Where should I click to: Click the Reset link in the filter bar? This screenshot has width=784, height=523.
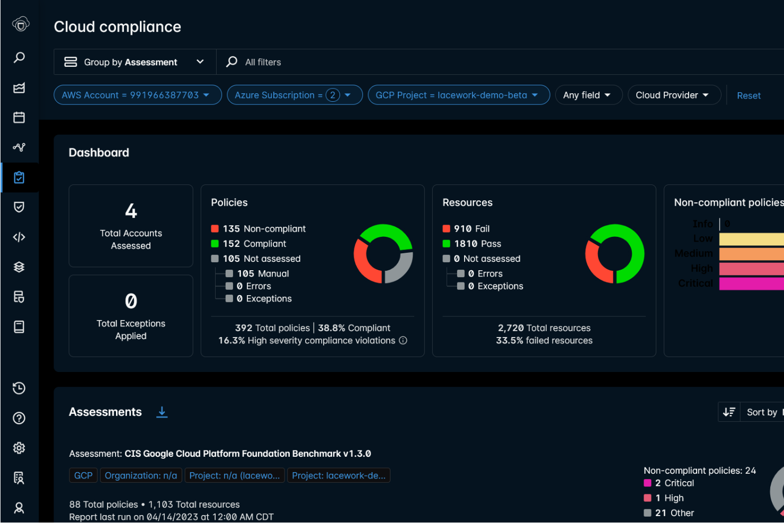point(749,95)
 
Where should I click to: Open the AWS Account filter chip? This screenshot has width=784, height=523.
point(137,95)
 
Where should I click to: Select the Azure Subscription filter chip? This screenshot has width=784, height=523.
point(295,95)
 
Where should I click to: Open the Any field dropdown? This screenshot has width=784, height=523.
point(588,95)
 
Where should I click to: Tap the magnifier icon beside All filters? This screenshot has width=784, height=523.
point(231,62)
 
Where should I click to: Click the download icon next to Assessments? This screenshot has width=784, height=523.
point(162,412)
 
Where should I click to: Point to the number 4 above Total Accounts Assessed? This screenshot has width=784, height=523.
point(131,211)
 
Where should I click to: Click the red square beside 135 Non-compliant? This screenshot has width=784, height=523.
point(215,229)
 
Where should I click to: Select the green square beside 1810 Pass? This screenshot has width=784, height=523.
point(447,244)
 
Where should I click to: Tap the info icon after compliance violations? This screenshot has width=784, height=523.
point(403,341)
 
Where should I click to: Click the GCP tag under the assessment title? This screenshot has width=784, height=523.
point(83,475)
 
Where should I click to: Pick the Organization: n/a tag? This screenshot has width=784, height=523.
point(141,475)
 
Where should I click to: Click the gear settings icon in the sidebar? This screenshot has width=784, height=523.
point(19,448)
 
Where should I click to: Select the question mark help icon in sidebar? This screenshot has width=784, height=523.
point(19,419)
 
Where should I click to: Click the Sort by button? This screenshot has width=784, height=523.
point(761,412)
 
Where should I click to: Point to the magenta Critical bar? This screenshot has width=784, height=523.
point(751,283)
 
